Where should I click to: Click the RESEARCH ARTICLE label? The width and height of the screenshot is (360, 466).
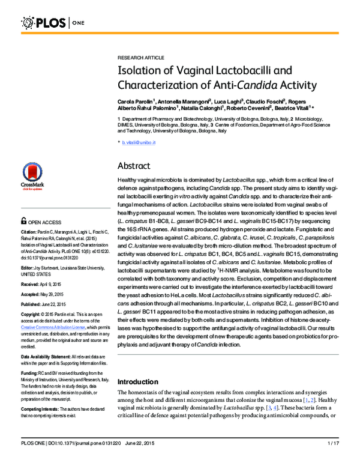pos(140,57)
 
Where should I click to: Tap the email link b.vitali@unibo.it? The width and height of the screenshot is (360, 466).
pos(139,142)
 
